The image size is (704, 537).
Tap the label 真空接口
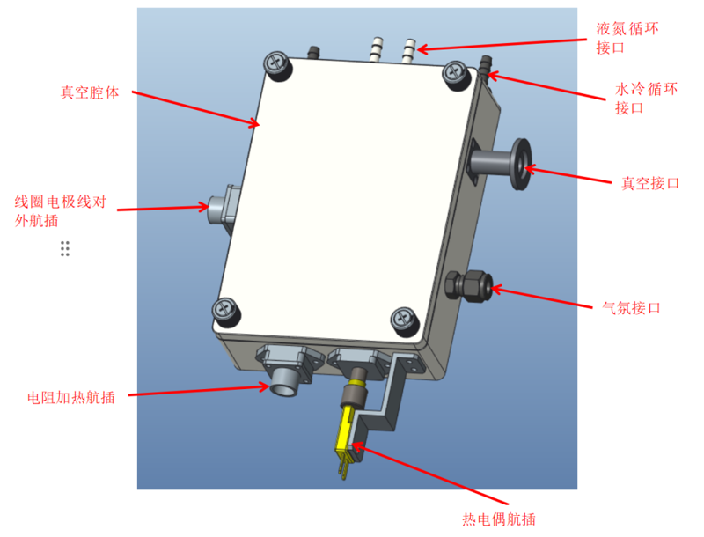650,183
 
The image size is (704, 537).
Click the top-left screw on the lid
279,64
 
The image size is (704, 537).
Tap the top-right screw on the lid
456,72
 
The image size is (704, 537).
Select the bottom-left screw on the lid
225,311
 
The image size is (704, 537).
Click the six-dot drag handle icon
65,248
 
